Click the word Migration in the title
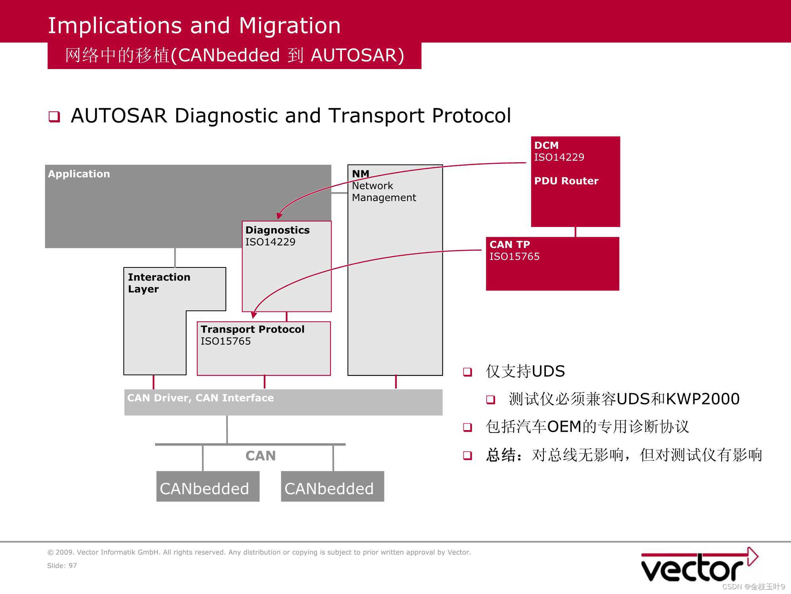click(x=290, y=26)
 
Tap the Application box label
click(x=79, y=174)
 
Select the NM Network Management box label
click(x=383, y=186)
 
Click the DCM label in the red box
click(x=546, y=145)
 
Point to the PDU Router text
click(x=566, y=181)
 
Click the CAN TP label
click(x=510, y=244)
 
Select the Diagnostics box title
click(x=277, y=230)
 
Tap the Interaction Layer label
click(x=159, y=283)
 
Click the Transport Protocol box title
click(x=252, y=329)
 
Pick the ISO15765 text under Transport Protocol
click(x=225, y=341)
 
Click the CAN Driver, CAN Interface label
click(x=200, y=398)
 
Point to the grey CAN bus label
click(x=260, y=456)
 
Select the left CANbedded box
click(x=207, y=486)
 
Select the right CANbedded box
click(x=332, y=486)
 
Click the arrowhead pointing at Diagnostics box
click(x=279, y=215)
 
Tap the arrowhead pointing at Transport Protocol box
click(x=253, y=315)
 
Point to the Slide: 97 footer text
click(x=62, y=566)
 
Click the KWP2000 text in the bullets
click(x=703, y=399)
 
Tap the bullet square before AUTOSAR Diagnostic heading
click(x=54, y=117)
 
